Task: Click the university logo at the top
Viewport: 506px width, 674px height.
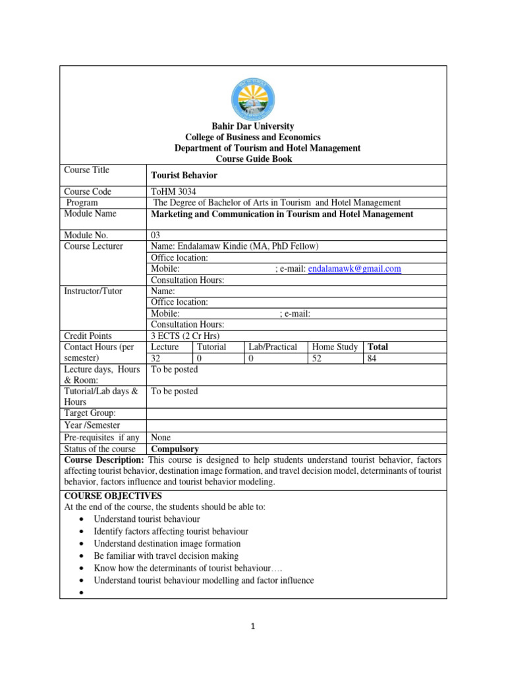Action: click(254, 97)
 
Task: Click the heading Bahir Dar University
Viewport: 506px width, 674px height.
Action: click(252, 126)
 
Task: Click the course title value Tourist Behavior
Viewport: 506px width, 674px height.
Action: click(184, 176)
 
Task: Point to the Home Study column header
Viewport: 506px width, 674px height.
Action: click(335, 347)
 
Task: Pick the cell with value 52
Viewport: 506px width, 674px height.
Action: click(317, 359)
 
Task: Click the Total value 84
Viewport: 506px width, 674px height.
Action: click(372, 359)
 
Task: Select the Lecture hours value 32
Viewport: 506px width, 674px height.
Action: click(156, 359)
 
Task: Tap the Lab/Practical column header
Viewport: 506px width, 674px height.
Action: click(273, 347)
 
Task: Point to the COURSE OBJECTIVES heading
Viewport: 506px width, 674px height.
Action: click(113, 496)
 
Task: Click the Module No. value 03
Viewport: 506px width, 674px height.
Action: click(156, 235)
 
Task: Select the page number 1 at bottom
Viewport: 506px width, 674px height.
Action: click(252, 627)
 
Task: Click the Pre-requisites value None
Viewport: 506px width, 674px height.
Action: click(161, 437)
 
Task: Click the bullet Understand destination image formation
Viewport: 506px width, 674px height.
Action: click(167, 544)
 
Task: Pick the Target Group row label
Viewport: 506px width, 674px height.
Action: click(90, 413)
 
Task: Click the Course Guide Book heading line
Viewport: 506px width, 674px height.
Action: click(254, 159)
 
